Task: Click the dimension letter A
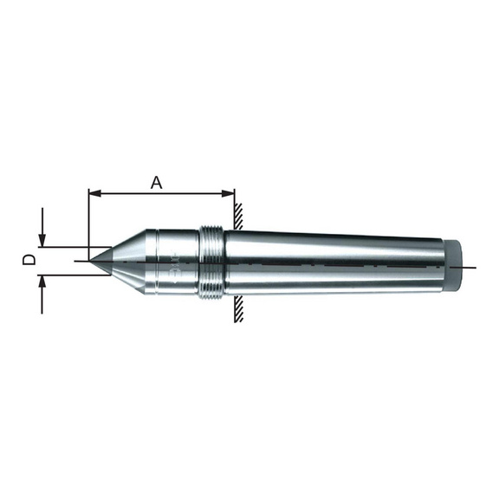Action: tap(156, 183)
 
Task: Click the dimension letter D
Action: tap(29, 260)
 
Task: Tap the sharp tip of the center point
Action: tap(89, 261)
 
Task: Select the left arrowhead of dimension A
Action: tap(94, 193)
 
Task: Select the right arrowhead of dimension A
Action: tap(228, 193)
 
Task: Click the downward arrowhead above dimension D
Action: tap(42, 241)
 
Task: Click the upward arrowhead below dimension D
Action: tap(42, 281)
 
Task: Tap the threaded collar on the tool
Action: tap(211, 262)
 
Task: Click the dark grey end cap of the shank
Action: tap(452, 266)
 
